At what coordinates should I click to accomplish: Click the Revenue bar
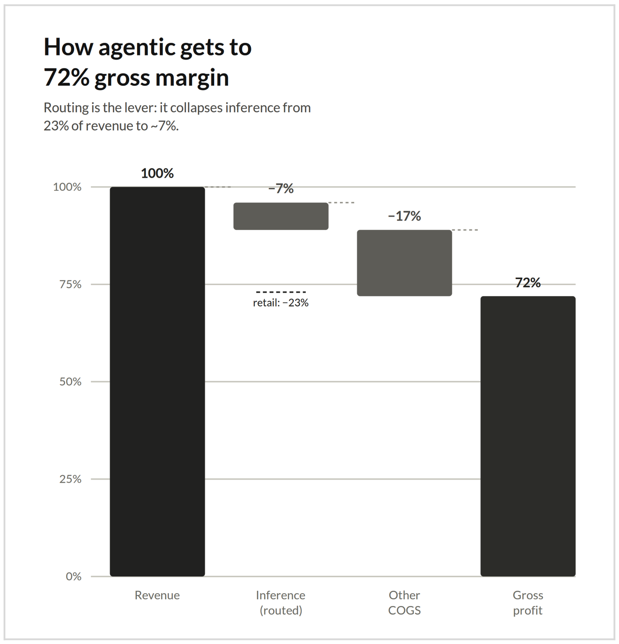(157, 381)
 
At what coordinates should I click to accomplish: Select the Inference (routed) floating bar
(281, 216)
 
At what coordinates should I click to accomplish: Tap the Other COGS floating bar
(404, 263)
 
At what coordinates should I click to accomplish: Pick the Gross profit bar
(528, 436)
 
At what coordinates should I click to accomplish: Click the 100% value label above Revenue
(157, 174)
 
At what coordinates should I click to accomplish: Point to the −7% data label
(281, 189)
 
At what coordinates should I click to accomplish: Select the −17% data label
(404, 216)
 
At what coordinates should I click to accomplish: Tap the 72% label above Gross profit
(528, 283)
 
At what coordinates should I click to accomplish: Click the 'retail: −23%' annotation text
(281, 303)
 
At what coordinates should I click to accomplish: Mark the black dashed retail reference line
(281, 292)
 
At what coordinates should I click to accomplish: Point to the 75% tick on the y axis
(70, 284)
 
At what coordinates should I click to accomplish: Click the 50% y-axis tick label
(70, 382)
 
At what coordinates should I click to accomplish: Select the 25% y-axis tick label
(70, 479)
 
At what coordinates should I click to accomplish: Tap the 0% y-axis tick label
(74, 576)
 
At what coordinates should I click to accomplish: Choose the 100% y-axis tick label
(67, 187)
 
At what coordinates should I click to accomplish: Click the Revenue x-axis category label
(157, 595)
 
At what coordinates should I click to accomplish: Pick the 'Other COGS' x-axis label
(404, 603)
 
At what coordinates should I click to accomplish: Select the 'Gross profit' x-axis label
(528, 603)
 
